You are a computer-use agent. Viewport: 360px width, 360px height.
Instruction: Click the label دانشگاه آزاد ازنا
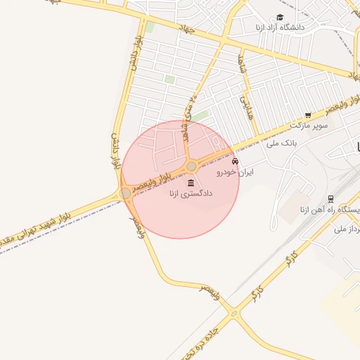click(303, 26)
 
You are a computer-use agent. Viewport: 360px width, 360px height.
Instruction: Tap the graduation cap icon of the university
click(280, 17)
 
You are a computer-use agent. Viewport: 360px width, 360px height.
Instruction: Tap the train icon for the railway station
click(330, 200)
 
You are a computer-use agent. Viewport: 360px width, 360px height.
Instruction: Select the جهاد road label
click(187, 29)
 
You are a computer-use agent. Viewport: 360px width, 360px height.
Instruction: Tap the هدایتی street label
click(247, 106)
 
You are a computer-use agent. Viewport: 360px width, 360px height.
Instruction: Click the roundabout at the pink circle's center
click(191, 166)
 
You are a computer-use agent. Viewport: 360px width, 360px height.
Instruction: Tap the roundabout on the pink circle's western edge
click(125, 193)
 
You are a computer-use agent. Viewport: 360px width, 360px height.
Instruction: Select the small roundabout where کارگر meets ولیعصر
click(234, 314)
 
